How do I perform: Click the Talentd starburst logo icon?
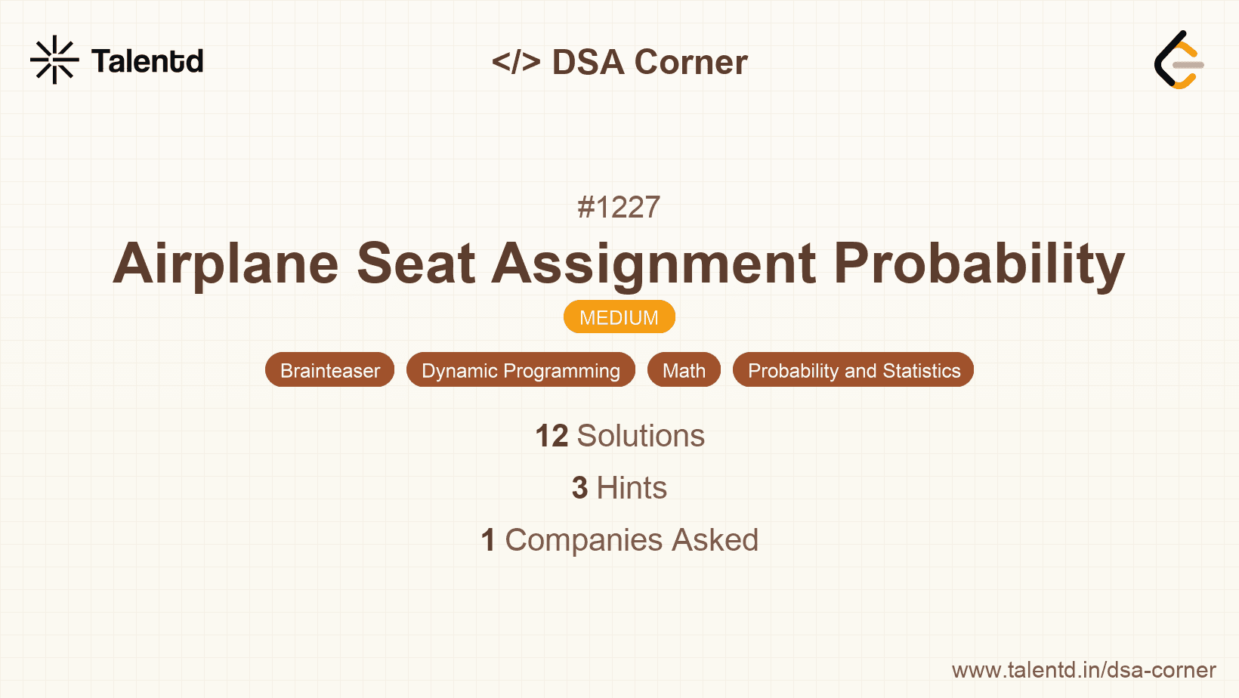[x=54, y=60]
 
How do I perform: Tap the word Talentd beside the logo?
[x=147, y=61]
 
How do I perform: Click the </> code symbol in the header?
[x=516, y=62]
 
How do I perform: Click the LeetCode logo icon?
[x=1179, y=60]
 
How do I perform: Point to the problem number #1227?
[x=619, y=207]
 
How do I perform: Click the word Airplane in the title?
[x=226, y=264]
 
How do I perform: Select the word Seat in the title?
[x=416, y=264]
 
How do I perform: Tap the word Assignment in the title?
[x=654, y=264]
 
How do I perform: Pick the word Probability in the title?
[x=979, y=264]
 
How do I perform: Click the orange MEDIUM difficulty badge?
[x=619, y=317]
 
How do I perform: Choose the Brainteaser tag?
[x=329, y=370]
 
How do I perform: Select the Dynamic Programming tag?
[x=521, y=370]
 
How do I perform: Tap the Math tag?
[x=684, y=370]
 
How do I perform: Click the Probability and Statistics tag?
[x=853, y=370]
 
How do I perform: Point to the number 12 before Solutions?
[x=552, y=436]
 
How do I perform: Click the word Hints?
[x=632, y=488]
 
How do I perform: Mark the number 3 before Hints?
[x=579, y=488]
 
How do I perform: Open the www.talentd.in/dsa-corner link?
[x=1083, y=670]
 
